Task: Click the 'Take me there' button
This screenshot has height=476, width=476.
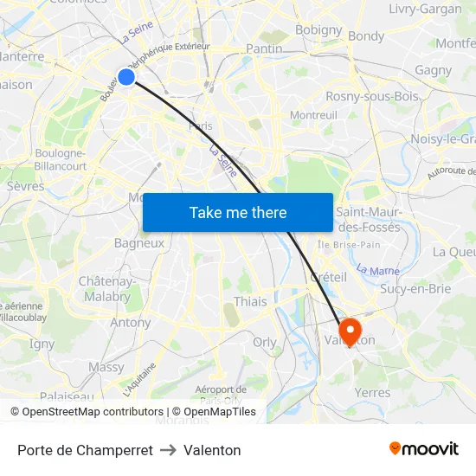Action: point(238,212)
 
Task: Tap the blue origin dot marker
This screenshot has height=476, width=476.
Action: point(126,77)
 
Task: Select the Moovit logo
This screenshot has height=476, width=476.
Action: point(424,449)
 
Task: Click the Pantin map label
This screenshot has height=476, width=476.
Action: point(264,49)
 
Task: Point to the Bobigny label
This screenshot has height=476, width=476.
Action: point(318,29)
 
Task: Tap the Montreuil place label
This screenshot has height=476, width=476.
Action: point(313,115)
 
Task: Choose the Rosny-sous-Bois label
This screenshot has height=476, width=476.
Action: point(371,96)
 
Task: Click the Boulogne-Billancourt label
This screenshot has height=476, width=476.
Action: point(60,160)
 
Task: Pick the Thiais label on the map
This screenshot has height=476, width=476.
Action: point(251,301)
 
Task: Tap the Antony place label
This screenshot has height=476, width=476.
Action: point(131,322)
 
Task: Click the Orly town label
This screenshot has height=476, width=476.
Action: point(265,342)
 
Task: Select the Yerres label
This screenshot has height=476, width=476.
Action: point(373,392)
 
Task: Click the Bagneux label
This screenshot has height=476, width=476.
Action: point(139,243)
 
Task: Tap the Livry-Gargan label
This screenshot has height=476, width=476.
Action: point(425,10)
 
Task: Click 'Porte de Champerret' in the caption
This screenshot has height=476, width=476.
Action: point(85,450)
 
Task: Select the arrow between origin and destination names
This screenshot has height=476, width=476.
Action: point(168,450)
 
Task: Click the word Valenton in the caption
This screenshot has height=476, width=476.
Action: point(212,450)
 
